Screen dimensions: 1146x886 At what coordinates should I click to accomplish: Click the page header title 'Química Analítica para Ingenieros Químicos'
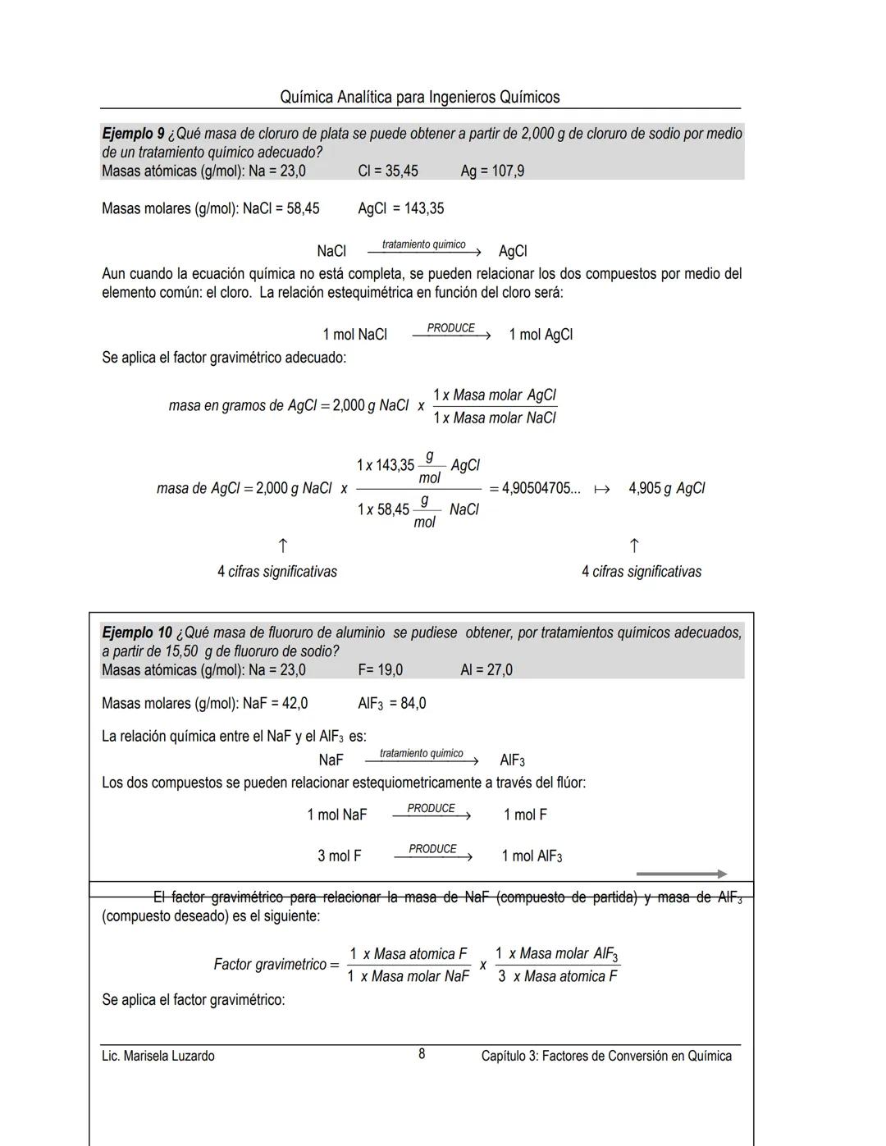419,98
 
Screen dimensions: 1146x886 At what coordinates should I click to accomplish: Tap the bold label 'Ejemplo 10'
137,633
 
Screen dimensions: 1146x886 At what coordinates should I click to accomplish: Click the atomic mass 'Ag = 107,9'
492,171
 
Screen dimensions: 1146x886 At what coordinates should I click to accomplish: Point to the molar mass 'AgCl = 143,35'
400,208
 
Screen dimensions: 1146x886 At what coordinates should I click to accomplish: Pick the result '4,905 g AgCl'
666,488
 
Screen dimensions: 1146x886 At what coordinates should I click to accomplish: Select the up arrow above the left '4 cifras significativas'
281,546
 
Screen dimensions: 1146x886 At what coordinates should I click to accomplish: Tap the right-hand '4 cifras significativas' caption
641,572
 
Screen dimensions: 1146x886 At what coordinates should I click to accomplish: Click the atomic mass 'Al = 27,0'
486,670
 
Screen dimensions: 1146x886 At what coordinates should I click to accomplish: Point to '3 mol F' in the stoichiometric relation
339,856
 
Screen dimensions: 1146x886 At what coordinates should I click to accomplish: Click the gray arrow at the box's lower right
681,874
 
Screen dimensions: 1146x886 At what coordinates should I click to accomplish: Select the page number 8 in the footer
422,1054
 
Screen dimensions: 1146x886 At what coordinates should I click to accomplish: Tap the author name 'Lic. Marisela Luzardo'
158,1056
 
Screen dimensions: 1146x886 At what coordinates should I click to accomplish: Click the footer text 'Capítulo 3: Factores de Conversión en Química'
606,1056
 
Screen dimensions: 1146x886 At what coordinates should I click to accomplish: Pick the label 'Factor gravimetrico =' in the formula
276,965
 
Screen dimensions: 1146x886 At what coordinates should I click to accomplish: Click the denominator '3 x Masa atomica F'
557,976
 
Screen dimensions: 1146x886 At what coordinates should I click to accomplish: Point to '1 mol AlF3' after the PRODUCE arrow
532,856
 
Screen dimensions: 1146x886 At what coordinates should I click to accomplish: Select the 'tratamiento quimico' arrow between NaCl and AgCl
423,249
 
